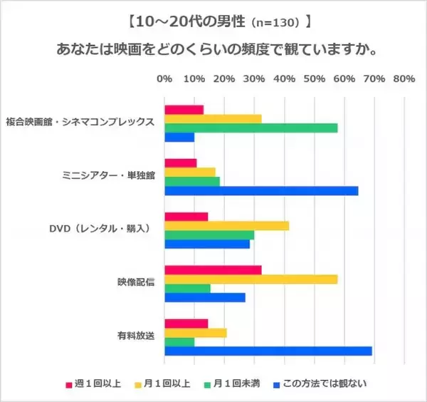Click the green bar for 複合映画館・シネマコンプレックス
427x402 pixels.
251,128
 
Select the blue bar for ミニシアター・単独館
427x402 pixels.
261,190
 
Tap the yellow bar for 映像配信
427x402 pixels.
251,279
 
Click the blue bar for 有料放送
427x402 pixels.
268,351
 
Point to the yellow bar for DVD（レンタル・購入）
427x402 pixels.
227,226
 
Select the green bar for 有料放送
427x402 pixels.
179,341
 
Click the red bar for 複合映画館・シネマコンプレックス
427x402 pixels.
184,109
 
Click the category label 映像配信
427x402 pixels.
137,279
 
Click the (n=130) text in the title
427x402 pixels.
276,23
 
